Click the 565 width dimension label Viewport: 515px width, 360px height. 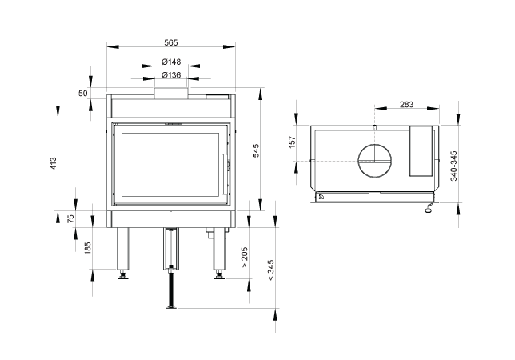[x=171, y=42]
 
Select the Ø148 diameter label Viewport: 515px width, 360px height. [x=171, y=62]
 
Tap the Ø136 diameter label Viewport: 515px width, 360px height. [x=171, y=75]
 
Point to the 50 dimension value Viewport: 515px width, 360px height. [x=83, y=94]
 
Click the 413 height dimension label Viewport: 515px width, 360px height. [x=54, y=163]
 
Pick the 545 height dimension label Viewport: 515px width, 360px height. [x=256, y=150]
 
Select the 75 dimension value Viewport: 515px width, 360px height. [x=71, y=218]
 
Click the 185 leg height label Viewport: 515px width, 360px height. [x=87, y=248]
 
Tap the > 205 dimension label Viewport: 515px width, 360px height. [x=245, y=258]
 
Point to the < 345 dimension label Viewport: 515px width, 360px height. [x=271, y=270]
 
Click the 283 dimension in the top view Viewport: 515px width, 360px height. [x=406, y=105]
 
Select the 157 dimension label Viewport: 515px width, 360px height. [x=293, y=142]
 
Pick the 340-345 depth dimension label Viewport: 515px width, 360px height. [x=453, y=166]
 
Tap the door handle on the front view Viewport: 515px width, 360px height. [x=224, y=174]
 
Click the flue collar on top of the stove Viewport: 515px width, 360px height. [x=171, y=93]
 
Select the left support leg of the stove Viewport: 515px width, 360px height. [x=123, y=249]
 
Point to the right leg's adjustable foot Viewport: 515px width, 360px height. [x=218, y=274]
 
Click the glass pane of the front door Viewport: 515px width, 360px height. [x=170, y=165]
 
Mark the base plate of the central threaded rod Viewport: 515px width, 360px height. [x=171, y=307]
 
